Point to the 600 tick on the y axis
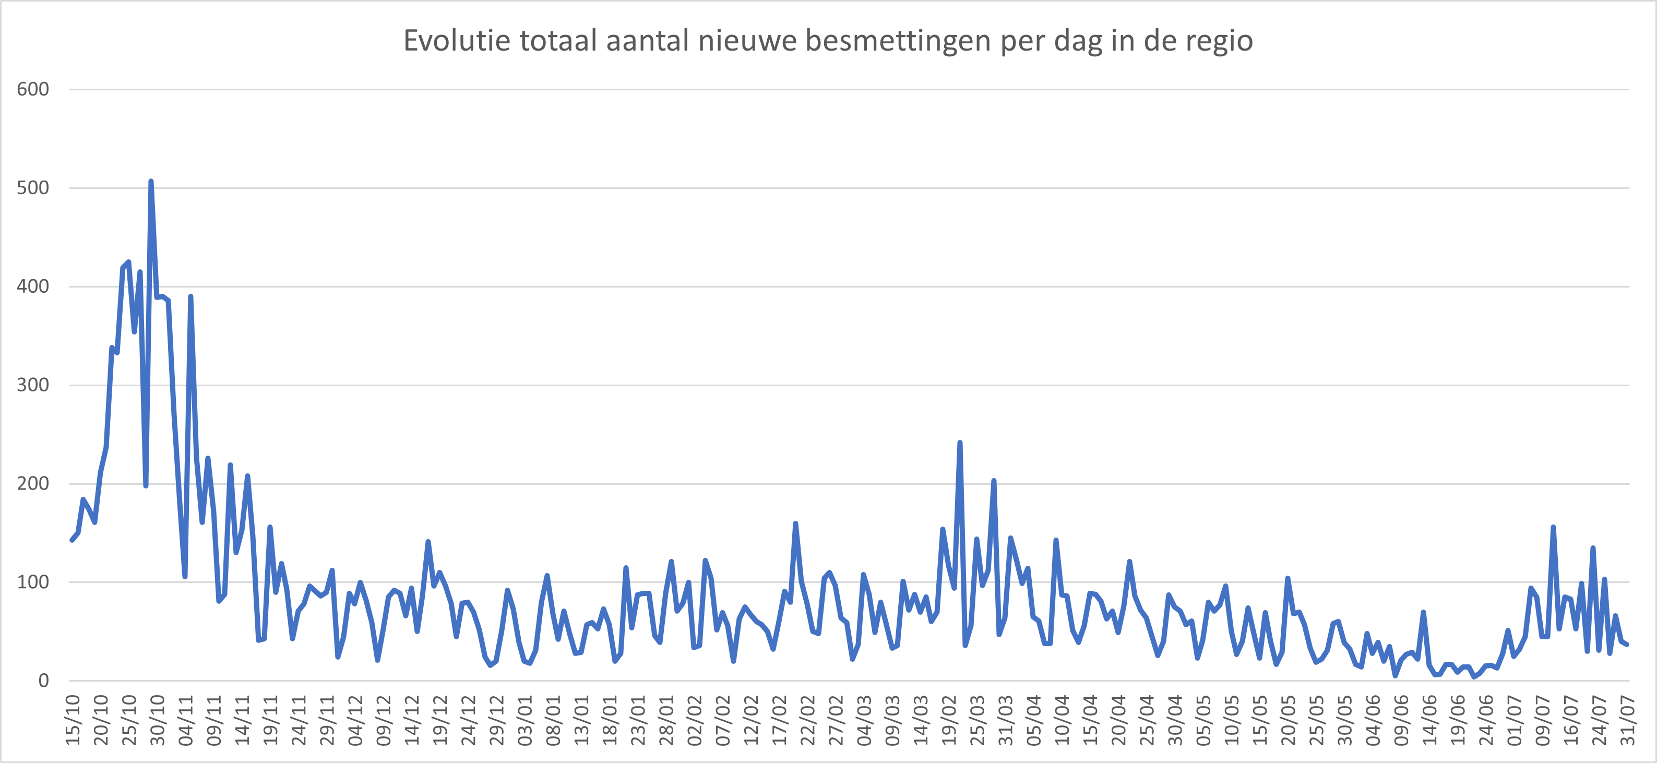click(33, 89)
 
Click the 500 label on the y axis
click(33, 188)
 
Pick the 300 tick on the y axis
click(33, 385)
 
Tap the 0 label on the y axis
click(43, 680)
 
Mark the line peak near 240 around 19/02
click(960, 443)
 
